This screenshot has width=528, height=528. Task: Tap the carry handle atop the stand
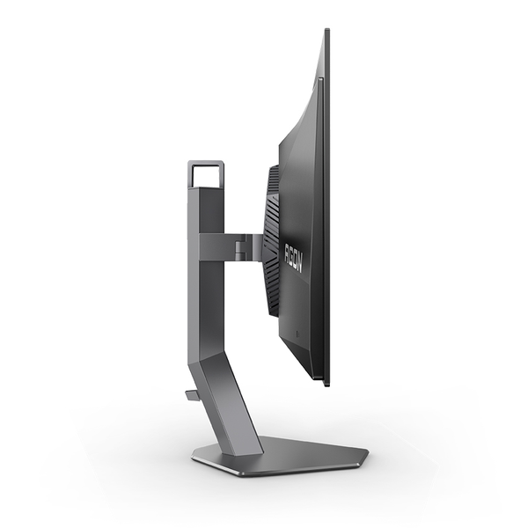tap(205, 164)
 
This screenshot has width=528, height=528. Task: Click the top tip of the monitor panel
tap(326, 32)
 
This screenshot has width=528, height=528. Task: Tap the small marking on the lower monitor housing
tap(297, 335)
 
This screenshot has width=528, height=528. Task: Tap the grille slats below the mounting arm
tap(274, 290)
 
